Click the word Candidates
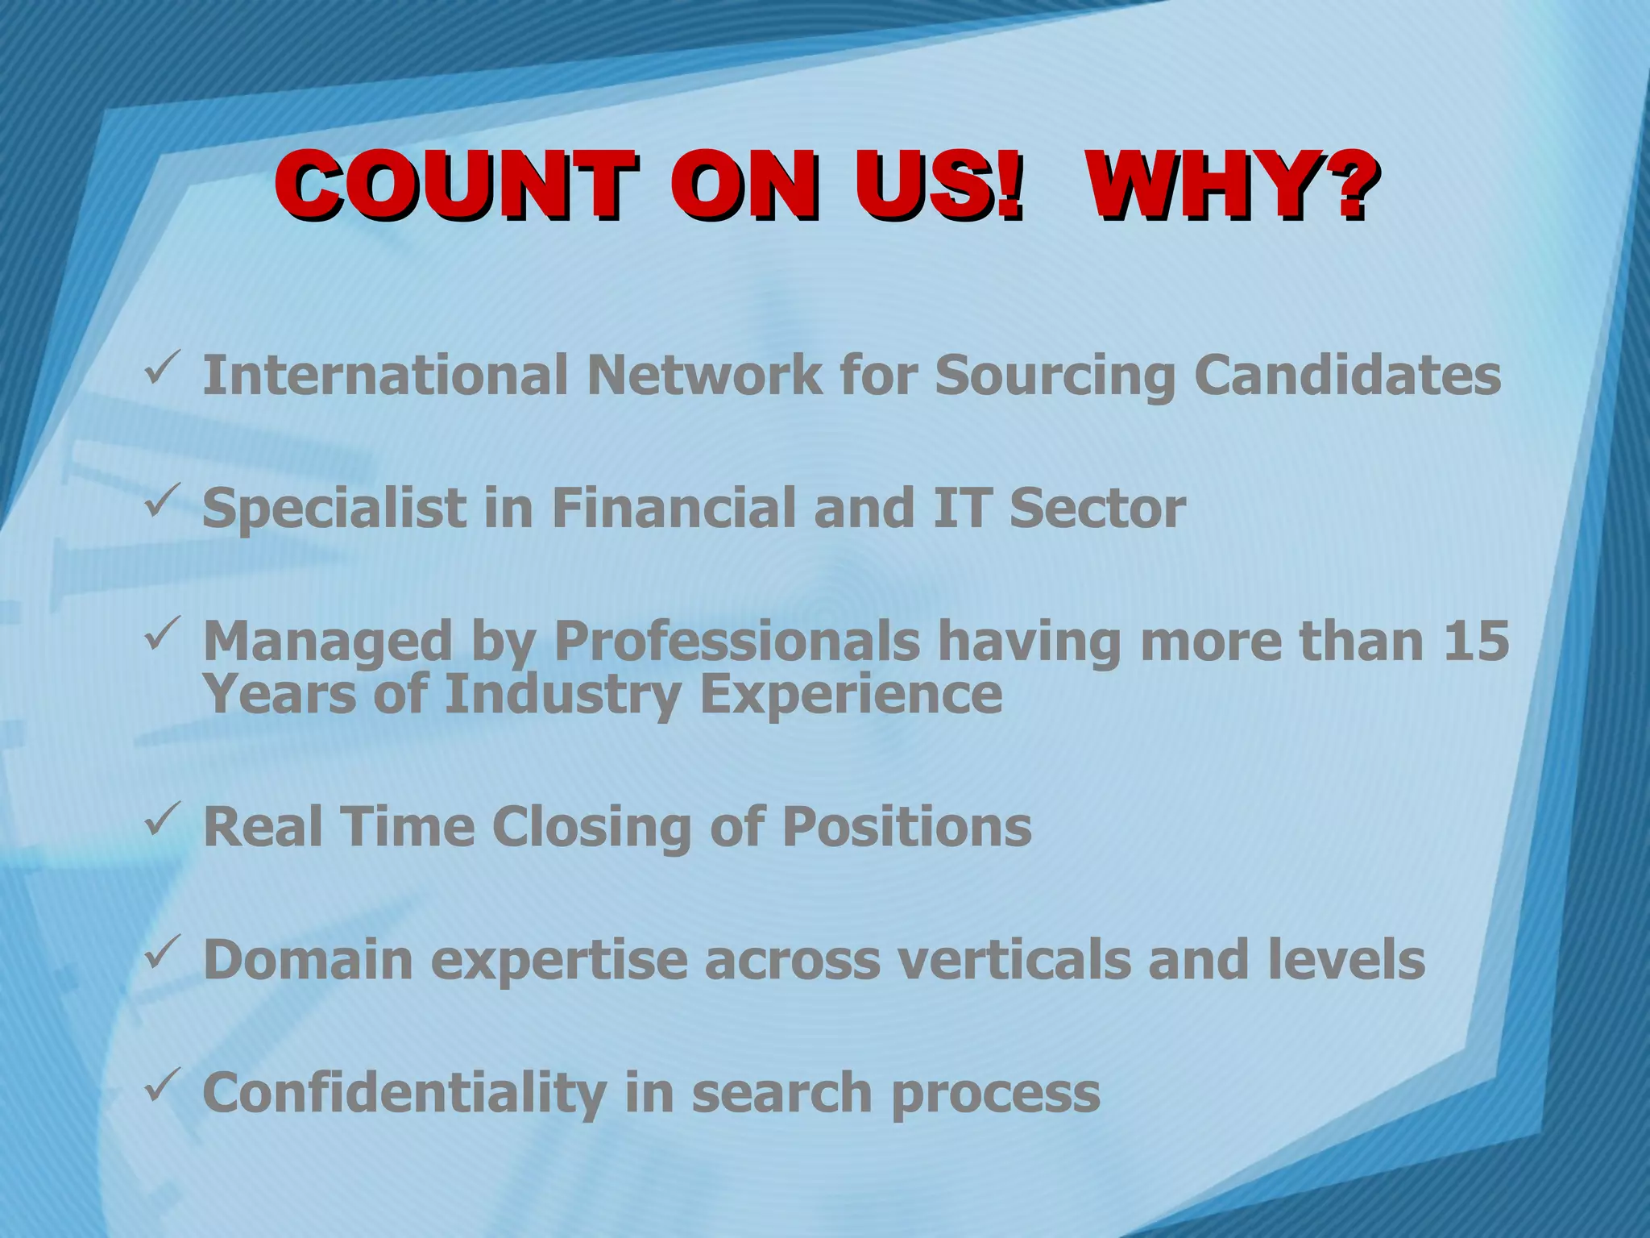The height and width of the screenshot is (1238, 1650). [1347, 375]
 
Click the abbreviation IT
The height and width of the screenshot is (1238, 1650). [960, 508]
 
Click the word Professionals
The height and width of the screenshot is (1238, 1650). [736, 642]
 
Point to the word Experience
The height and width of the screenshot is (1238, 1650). [852, 695]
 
